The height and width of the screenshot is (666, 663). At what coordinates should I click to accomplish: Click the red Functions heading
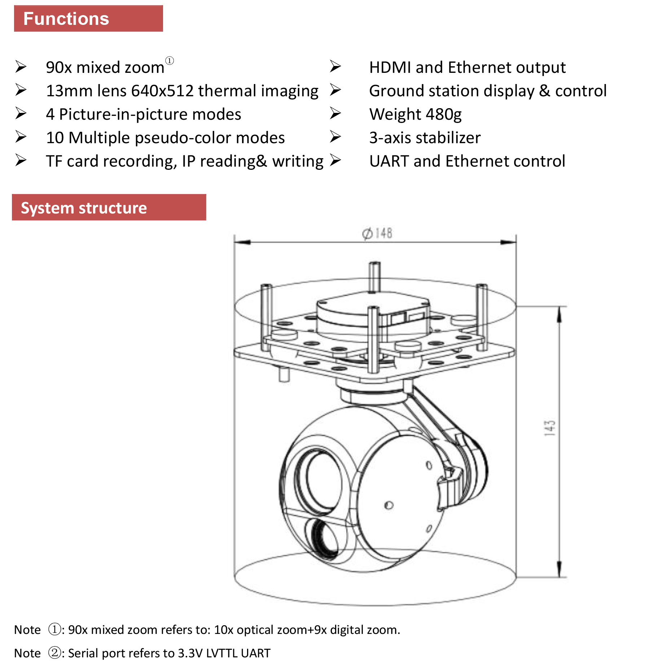(x=66, y=19)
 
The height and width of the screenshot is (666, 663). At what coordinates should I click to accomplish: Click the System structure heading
(x=84, y=208)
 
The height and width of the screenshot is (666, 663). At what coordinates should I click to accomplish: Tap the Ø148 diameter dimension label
(x=377, y=233)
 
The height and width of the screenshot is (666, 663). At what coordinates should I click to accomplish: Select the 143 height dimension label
(x=549, y=428)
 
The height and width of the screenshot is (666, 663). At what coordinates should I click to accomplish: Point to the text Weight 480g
(x=415, y=115)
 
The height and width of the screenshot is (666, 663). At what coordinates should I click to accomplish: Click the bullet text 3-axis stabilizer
(x=425, y=138)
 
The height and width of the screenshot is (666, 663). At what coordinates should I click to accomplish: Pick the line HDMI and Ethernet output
(x=467, y=68)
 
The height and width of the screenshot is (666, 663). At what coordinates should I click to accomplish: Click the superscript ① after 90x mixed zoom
(x=170, y=61)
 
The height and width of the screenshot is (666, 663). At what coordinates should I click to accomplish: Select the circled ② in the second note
(x=55, y=653)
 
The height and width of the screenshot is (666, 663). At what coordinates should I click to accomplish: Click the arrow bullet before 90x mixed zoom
(x=21, y=67)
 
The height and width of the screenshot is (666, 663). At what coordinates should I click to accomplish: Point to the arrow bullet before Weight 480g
(x=335, y=114)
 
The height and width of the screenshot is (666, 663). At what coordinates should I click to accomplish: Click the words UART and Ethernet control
(x=467, y=161)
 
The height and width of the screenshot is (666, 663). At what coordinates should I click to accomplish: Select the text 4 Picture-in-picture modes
(x=144, y=115)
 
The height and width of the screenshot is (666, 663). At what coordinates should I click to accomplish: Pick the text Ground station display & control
(x=488, y=91)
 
